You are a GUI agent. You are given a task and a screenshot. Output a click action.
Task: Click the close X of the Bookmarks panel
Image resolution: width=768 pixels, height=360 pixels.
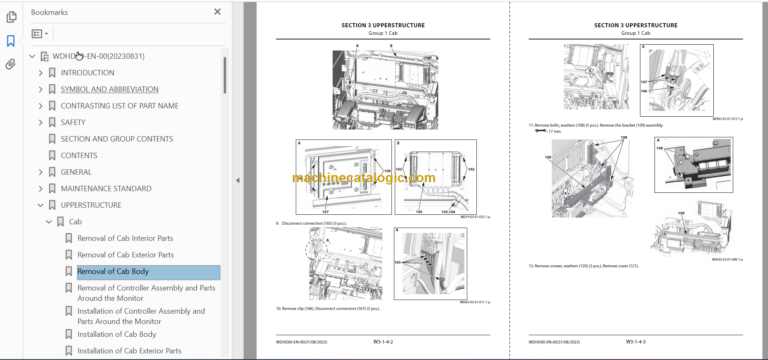click(218, 12)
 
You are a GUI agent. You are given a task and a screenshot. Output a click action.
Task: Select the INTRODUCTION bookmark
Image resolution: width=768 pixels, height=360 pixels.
click(87, 72)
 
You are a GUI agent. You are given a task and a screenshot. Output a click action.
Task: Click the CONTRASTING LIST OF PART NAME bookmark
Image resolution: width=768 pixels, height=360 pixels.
click(119, 105)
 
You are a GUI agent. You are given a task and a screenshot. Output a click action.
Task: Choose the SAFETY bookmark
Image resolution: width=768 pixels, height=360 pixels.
click(79, 122)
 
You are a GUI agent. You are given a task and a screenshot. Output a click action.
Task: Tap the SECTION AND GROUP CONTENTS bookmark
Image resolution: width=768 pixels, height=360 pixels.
click(116, 139)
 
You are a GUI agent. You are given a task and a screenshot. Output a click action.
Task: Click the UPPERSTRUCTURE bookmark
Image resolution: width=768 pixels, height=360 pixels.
click(91, 205)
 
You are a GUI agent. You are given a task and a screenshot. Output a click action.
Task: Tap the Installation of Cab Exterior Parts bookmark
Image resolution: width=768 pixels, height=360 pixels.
click(129, 351)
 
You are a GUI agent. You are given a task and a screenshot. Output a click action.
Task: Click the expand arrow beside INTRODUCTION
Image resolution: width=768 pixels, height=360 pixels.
click(40, 72)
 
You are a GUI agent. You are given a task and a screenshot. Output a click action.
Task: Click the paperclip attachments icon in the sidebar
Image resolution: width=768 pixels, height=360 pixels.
click(11, 64)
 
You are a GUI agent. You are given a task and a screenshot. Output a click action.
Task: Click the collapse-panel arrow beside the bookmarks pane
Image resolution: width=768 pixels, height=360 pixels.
click(238, 180)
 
